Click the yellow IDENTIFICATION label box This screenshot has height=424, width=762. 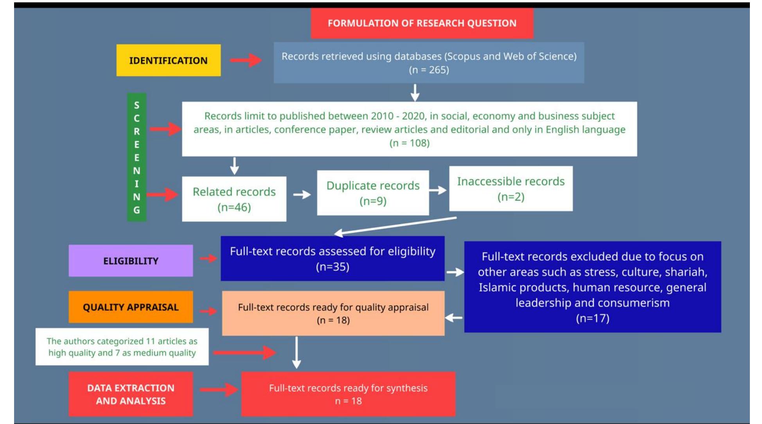[x=168, y=60]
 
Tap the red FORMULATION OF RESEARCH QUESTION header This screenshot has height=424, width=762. [x=422, y=23]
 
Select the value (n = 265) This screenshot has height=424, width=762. [x=429, y=70]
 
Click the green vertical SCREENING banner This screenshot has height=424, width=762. [x=137, y=157]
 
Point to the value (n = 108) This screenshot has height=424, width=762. [x=409, y=143]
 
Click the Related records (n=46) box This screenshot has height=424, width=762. [x=234, y=199]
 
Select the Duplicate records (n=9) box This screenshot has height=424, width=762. [x=373, y=193]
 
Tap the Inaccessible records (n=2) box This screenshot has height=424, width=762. [x=510, y=189]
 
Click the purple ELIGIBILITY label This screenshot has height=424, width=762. [x=131, y=261]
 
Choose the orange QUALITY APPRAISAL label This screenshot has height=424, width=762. [x=131, y=307]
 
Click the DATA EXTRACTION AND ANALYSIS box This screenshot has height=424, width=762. [x=131, y=394]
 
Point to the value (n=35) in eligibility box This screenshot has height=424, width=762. [x=332, y=267]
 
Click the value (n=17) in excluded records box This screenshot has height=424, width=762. [x=592, y=318]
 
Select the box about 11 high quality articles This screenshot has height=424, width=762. [x=122, y=347]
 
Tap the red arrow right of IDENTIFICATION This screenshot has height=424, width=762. [x=246, y=60]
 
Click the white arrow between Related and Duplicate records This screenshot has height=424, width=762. [x=302, y=194]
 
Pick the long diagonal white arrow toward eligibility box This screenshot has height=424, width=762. [x=395, y=226]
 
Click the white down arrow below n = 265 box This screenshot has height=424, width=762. [x=415, y=93]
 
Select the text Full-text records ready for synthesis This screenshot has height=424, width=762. [x=348, y=388]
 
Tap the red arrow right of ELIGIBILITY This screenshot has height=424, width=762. [x=208, y=258]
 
